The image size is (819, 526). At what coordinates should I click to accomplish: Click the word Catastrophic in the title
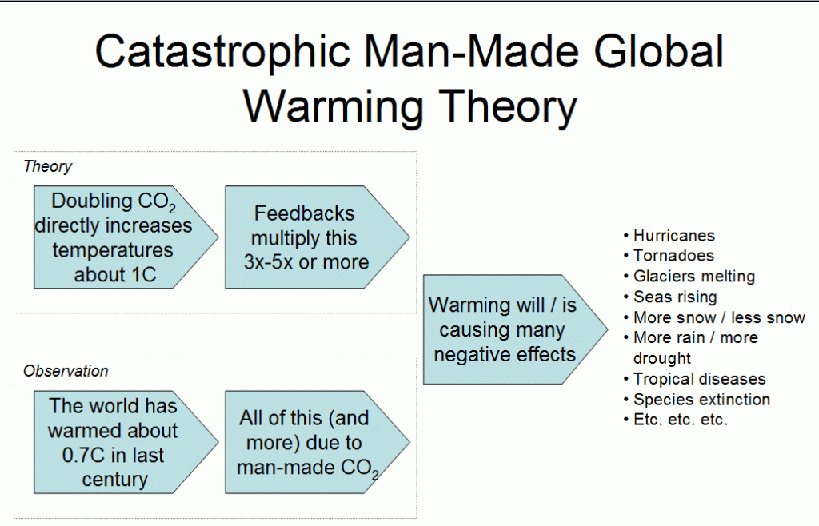(222, 51)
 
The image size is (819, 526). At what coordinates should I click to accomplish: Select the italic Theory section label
(47, 166)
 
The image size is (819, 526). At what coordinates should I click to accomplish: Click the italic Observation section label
(66, 371)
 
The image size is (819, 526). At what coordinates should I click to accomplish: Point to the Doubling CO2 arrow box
(126, 237)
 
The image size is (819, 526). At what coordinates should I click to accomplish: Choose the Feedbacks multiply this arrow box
(317, 237)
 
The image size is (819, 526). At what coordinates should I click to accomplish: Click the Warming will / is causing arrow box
(515, 330)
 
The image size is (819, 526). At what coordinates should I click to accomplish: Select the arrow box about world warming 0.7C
(126, 442)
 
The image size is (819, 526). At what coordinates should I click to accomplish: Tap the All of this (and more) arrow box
(317, 442)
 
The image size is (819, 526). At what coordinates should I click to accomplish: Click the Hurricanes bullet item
(673, 236)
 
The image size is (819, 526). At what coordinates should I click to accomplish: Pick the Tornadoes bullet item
(673, 256)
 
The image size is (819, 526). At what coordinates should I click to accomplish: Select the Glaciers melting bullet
(694, 277)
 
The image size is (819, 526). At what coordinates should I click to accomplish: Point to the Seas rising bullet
(675, 297)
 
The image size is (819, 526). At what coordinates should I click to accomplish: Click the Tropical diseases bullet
(699, 379)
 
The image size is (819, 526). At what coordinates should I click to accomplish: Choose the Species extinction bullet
(701, 400)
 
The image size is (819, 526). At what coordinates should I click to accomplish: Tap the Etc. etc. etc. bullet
(680, 420)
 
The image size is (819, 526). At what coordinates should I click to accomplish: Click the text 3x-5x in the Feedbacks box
(268, 262)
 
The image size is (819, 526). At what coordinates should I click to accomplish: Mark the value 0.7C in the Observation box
(83, 455)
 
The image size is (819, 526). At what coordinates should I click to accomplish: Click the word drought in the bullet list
(661, 358)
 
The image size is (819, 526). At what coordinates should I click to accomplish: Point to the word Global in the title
(659, 51)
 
